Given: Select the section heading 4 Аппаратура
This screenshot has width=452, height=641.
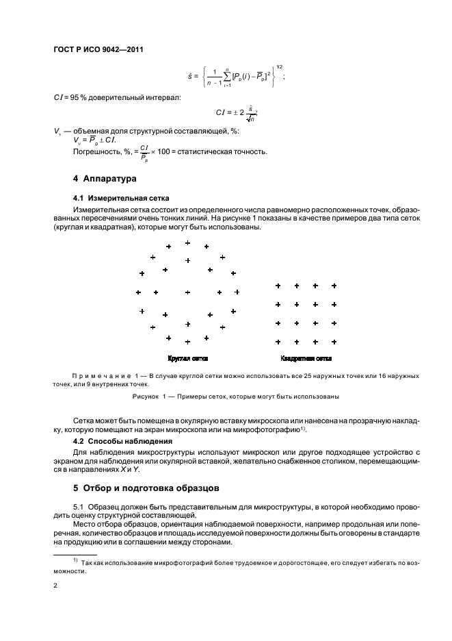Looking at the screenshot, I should coord(105,179).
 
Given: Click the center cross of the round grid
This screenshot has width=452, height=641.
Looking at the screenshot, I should coord(187,292).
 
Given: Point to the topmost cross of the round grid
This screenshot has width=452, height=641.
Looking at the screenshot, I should coord(187,242).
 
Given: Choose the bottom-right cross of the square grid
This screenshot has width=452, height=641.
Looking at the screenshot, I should coord(334,341).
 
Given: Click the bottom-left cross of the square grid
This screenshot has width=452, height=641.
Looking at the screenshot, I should coord(278,341).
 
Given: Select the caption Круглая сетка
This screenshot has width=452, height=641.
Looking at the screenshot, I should coord(187,358).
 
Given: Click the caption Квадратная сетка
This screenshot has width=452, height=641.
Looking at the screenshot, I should coord(306,358).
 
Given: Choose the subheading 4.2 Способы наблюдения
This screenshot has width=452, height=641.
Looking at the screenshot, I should coord(114,440).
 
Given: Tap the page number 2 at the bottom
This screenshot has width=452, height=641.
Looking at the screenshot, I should coord(55,586).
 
